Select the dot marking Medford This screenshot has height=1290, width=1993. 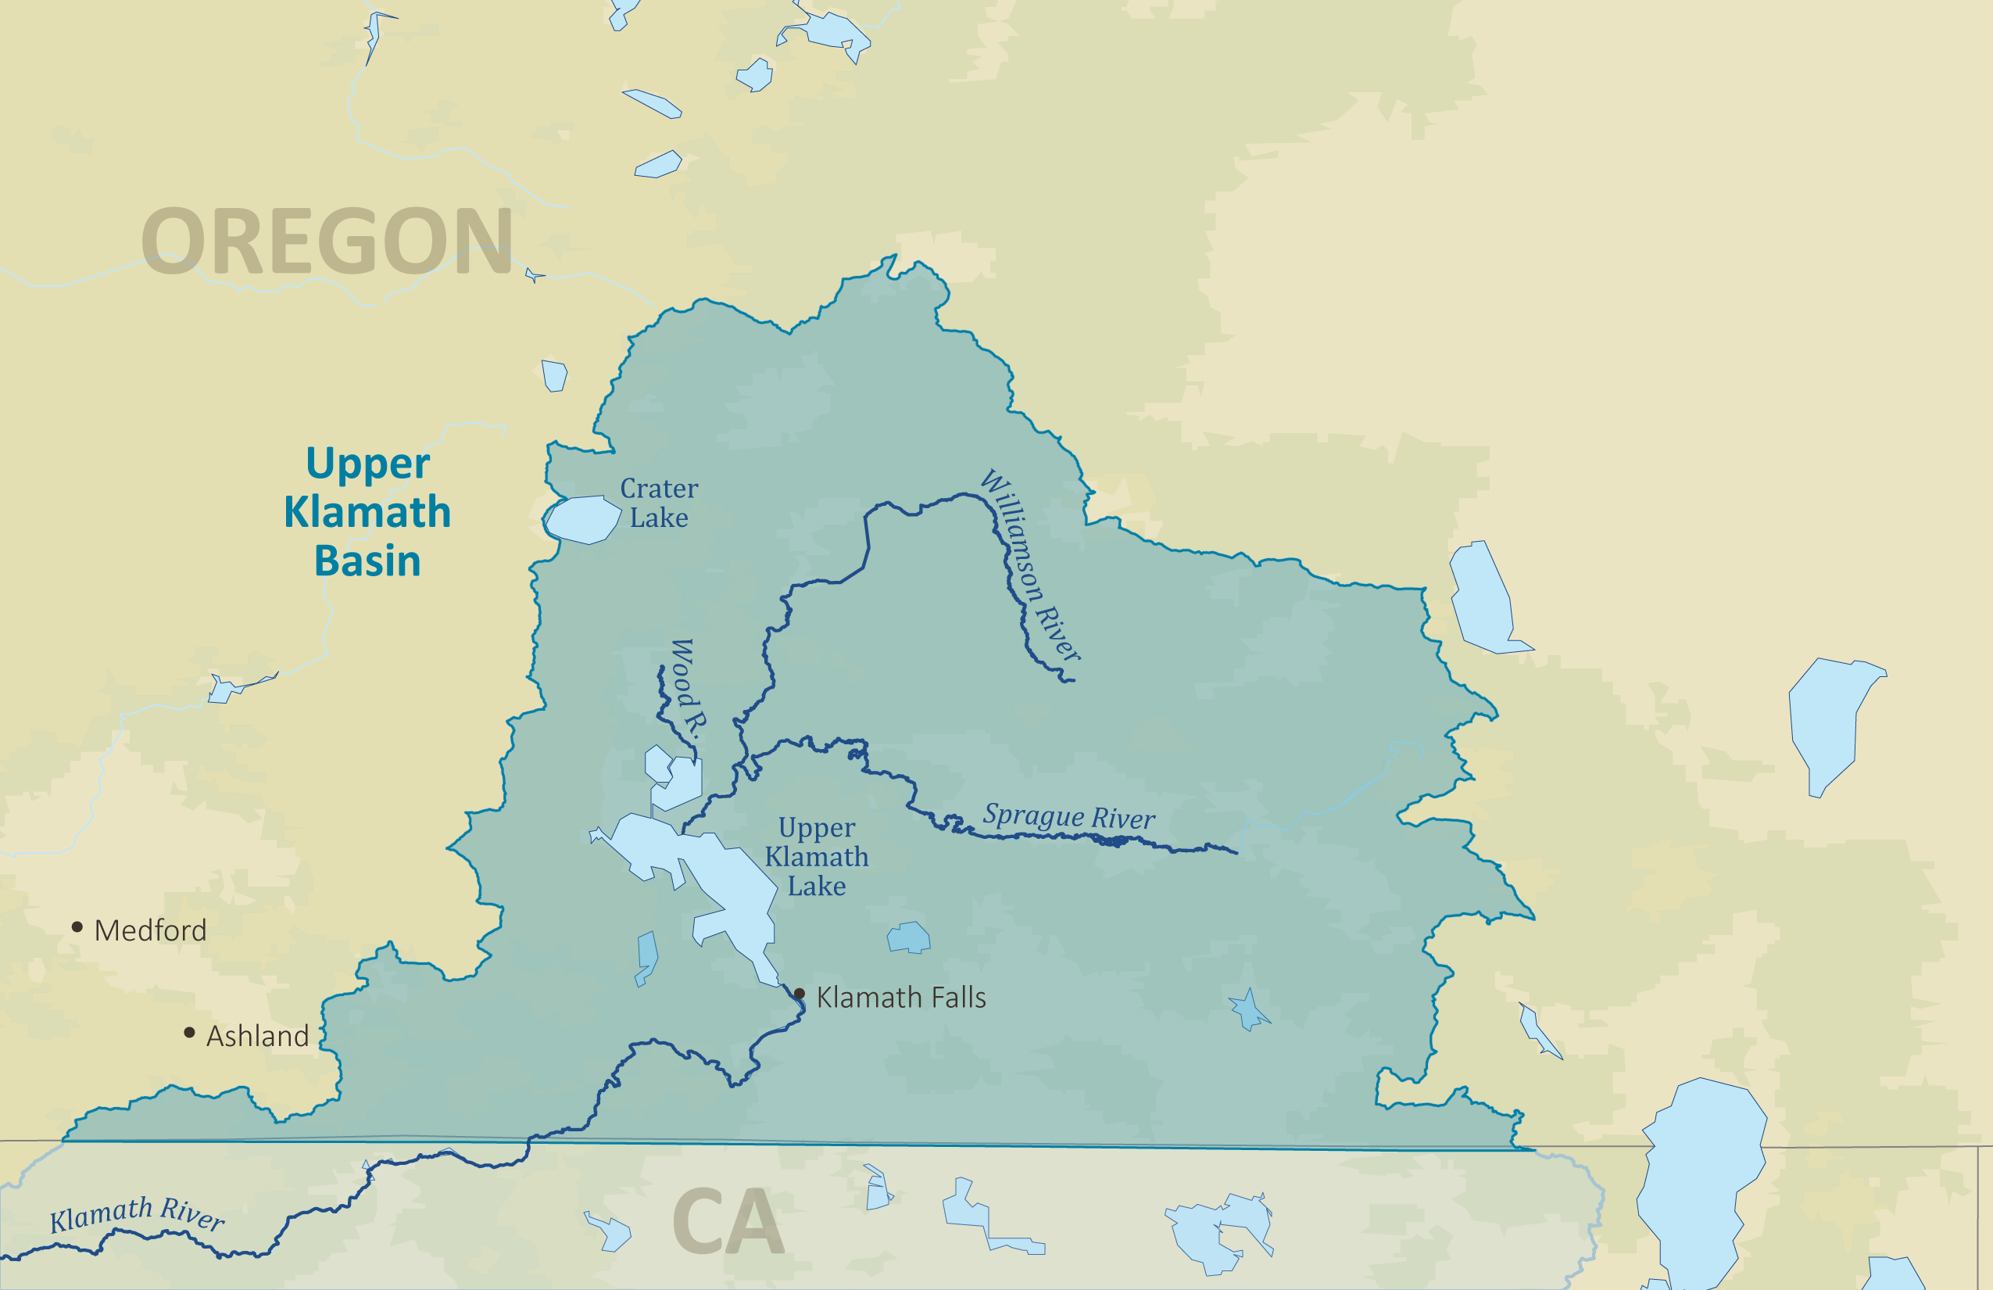tap(77, 926)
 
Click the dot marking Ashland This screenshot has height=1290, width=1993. tap(189, 1033)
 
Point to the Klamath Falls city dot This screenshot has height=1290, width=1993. tap(799, 994)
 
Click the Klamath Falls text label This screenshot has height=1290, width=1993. tap(901, 998)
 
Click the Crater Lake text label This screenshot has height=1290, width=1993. tap(659, 503)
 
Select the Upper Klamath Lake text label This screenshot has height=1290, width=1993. tap(817, 856)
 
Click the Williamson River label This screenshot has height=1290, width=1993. tap(1030, 564)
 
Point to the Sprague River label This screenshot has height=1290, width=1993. tap(1068, 816)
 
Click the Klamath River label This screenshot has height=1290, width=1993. tap(137, 1213)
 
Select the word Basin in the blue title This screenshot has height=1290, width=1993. tap(367, 561)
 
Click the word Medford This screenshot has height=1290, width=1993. tap(151, 930)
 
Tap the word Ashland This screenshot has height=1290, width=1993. tap(258, 1036)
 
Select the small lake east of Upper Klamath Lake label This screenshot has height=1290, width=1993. tap(908, 937)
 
